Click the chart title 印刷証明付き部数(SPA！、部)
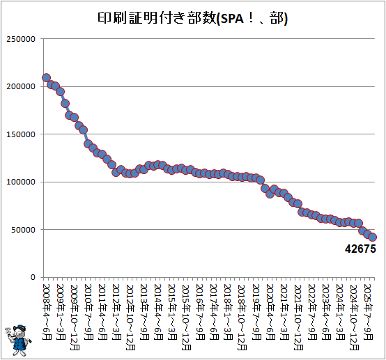pos(192,18)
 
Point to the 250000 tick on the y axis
pos(21,39)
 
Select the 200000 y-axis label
pos(21,86)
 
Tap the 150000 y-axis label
pos(21,134)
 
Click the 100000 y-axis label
pos(21,182)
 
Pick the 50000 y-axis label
pos(24,230)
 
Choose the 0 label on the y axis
pos(33,277)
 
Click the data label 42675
pos(360,249)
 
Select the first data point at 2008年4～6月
pos(46,78)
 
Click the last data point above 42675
pos(372,237)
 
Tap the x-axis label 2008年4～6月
pos(46,312)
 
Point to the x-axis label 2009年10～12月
pos(75,318)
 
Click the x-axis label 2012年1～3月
pos(116,312)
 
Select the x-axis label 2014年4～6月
pos(158,312)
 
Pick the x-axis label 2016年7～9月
pos(200,312)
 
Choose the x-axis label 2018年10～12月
pos(242,318)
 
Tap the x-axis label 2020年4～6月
pos(270,312)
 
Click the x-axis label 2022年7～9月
pos(311,312)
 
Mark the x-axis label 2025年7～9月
pos(368,312)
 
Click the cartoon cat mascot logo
pos(17,341)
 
